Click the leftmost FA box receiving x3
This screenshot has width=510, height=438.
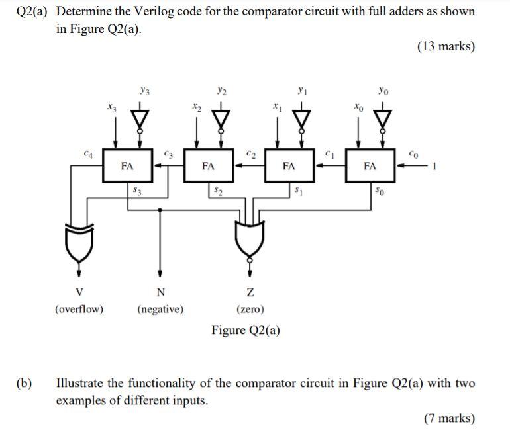[127, 167]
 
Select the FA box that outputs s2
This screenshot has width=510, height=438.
[208, 167]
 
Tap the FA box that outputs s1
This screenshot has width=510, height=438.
[289, 167]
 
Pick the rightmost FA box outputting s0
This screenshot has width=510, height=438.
[370, 167]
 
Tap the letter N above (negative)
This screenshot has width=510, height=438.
[160, 293]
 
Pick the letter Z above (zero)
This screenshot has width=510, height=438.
[250, 293]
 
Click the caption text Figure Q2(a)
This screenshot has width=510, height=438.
[246, 330]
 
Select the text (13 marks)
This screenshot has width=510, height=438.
[446, 46]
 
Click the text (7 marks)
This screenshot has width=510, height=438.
[449, 417]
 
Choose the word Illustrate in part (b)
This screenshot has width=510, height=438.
[83, 383]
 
